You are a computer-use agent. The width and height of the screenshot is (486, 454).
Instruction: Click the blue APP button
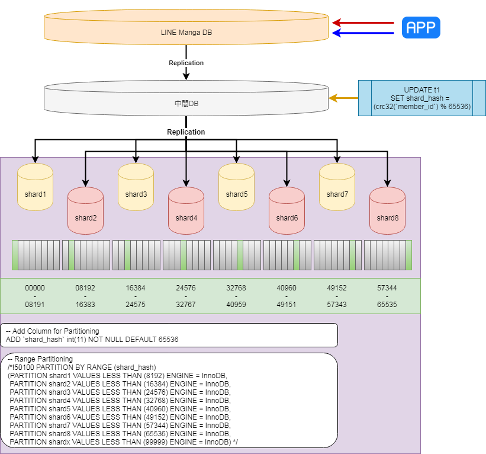421,28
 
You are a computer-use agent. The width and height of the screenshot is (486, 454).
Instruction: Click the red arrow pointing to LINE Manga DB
363,23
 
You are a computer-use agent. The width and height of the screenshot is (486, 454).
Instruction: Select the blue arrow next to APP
363,33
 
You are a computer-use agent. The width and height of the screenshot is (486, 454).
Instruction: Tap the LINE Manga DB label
186,33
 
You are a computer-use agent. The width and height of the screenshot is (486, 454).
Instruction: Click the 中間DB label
186,103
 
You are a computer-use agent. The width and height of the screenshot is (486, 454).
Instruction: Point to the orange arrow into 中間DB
343,98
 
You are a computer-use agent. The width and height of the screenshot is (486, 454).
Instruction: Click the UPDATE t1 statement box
422,98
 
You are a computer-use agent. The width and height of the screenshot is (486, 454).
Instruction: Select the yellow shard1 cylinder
35,187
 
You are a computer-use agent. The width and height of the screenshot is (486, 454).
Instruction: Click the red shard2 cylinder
86,211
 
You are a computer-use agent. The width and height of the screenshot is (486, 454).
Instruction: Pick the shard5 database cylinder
237,187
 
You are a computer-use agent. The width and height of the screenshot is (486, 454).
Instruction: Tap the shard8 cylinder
387,211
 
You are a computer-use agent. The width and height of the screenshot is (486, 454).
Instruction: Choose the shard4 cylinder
186,211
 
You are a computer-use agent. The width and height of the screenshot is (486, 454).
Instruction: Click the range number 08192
85,288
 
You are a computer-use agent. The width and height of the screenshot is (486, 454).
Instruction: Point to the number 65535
387,305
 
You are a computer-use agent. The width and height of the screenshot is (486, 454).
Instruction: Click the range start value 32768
236,288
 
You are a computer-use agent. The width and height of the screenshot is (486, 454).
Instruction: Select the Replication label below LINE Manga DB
186,63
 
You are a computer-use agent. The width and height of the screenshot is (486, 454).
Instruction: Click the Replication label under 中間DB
186,132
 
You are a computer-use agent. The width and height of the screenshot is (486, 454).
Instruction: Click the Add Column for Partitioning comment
53,331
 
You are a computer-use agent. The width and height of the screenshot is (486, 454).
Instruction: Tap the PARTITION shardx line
124,442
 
